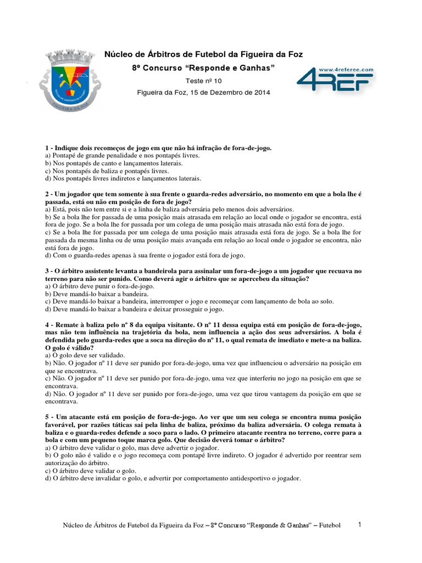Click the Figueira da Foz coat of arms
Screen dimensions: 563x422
click(x=70, y=80)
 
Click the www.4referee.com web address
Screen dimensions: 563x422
click(x=346, y=70)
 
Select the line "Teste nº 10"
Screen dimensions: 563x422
click(x=203, y=80)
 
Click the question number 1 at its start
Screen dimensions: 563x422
click(x=47, y=148)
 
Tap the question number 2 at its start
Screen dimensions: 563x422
click(x=47, y=195)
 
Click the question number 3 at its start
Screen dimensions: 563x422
click(x=47, y=271)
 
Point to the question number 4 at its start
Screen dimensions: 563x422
click(x=47, y=325)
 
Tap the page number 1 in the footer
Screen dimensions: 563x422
click(x=359, y=525)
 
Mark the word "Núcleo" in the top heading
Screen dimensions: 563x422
click(x=118, y=54)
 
